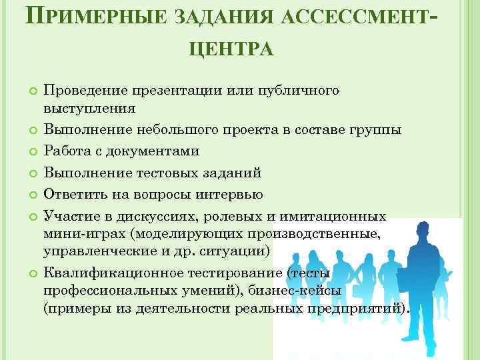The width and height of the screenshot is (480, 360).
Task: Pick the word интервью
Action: pyautogui.click(x=231, y=195)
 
